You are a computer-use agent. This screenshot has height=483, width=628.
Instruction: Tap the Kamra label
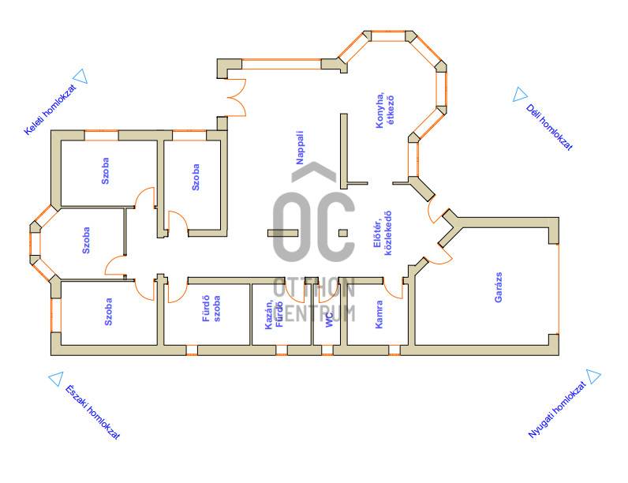(379, 313)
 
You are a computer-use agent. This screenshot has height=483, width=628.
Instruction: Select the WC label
(328, 318)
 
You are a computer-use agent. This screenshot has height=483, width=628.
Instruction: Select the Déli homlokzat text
(549, 126)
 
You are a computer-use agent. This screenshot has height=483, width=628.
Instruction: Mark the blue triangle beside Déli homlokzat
(518, 95)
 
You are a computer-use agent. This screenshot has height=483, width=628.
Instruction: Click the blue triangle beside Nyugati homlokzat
(594, 377)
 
